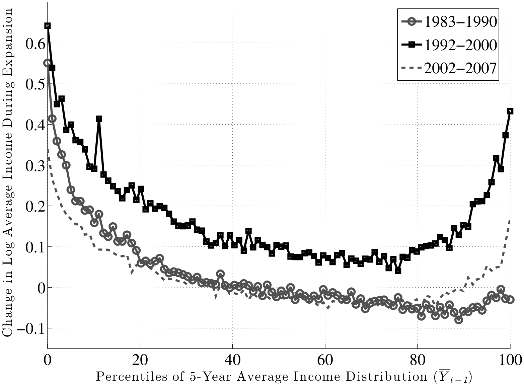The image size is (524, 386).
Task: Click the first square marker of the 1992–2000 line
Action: tap(48, 26)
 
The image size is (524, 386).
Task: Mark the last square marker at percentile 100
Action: tap(510, 111)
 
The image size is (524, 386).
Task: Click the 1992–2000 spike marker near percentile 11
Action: tap(99, 119)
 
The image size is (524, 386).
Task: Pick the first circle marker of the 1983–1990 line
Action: tap(47, 63)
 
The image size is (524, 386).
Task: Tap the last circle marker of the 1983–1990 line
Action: tap(510, 300)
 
